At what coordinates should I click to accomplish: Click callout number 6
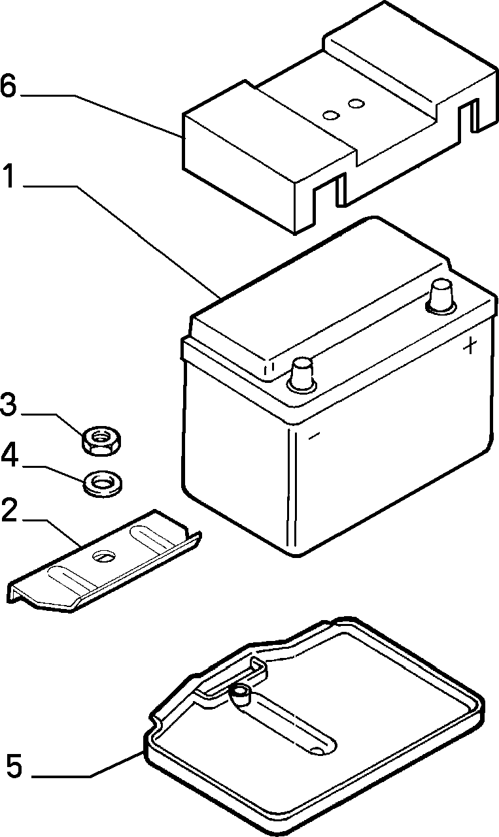pyautogui.click(x=9, y=86)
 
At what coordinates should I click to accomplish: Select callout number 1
pyautogui.click(x=9, y=176)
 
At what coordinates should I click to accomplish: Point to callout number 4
pyautogui.click(x=9, y=456)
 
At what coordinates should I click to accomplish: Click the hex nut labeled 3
pyautogui.click(x=101, y=440)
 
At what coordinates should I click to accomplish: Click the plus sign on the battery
pyautogui.click(x=471, y=346)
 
